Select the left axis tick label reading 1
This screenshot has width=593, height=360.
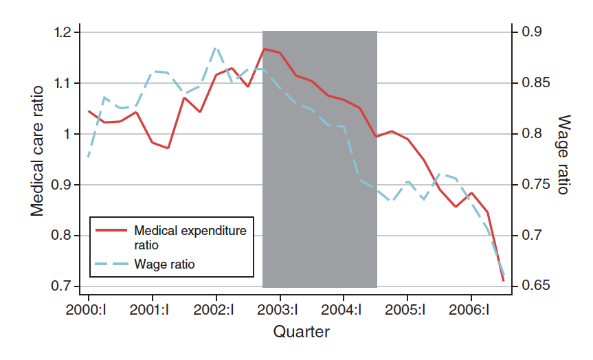(69, 134)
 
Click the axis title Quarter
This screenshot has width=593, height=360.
(301, 333)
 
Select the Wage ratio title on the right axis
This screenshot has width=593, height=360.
(562, 154)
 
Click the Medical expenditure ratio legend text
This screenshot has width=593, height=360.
(190, 236)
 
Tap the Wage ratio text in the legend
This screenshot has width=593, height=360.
(169, 264)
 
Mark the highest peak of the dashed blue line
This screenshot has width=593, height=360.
(216, 47)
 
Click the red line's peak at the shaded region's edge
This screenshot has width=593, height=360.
(263, 49)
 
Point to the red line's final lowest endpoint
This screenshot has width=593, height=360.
(504, 280)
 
